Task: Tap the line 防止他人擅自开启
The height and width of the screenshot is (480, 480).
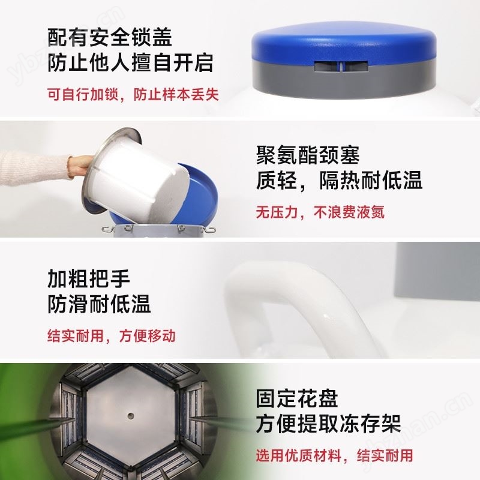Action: [x=130, y=63]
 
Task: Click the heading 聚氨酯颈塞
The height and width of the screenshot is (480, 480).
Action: [x=308, y=155]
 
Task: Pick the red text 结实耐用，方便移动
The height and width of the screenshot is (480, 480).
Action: [x=112, y=335]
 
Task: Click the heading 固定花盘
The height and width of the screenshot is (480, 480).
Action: [x=296, y=398]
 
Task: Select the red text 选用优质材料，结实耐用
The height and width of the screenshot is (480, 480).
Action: [x=334, y=455]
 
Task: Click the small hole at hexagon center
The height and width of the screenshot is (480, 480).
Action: [x=130, y=414]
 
